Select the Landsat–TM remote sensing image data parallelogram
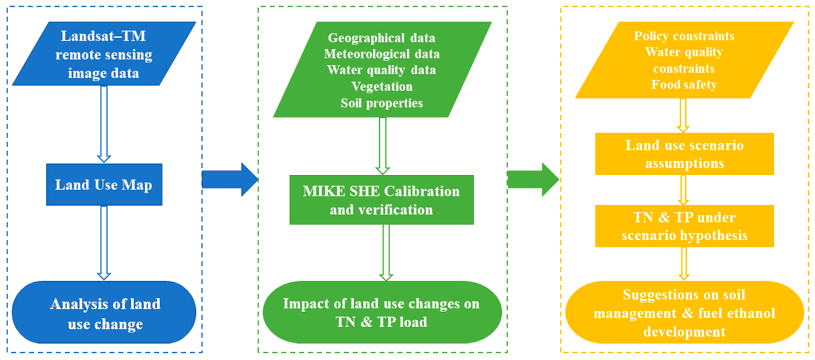coord(104,54)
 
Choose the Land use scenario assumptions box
coord(684,154)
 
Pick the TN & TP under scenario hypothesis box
coord(684,226)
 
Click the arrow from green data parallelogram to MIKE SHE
coord(382,146)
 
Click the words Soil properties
coord(381,103)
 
